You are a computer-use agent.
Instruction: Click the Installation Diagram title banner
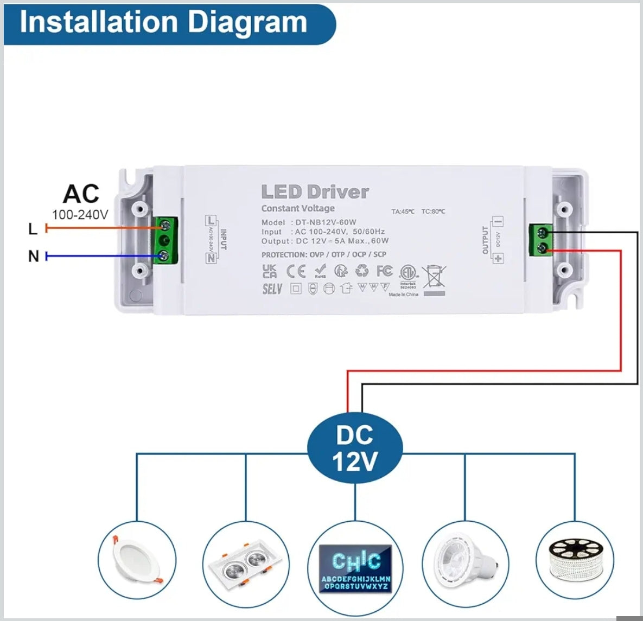pos(163,23)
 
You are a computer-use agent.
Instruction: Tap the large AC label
pos(81,194)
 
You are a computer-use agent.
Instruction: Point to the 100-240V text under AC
pos(80,215)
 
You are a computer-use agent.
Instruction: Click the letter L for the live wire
pos(33,229)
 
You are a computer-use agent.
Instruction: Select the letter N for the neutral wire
pos(34,256)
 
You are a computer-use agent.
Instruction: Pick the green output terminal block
pos(541,240)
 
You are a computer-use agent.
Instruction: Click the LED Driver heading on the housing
pos(315,191)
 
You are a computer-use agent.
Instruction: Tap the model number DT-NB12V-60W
pos(326,222)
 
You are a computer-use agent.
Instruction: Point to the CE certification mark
pos(296,270)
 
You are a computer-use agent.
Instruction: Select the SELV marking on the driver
pos(272,289)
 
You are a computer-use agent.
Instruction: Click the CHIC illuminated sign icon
pos(355,567)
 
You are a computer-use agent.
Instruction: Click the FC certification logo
pos(384,270)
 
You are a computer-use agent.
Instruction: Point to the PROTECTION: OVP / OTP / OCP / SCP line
pos(324,254)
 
